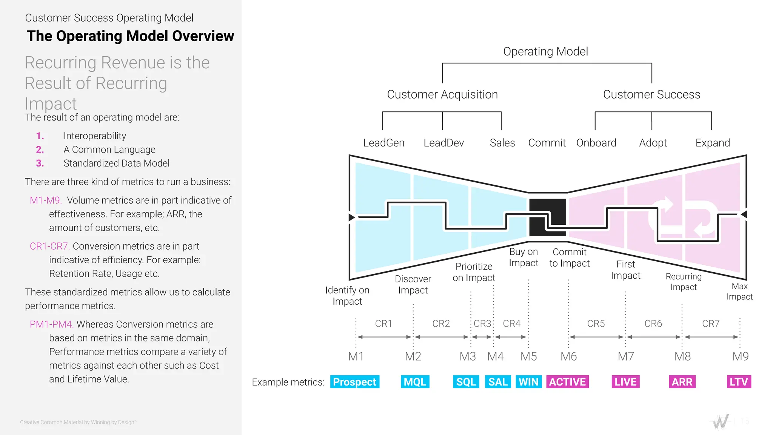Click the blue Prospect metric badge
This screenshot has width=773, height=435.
(x=354, y=382)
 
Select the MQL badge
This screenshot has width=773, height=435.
(x=415, y=382)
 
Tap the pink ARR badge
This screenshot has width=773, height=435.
(x=682, y=382)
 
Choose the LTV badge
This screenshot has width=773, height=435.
(x=739, y=382)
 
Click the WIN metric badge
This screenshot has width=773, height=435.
(x=528, y=382)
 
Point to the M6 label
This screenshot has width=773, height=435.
(x=568, y=356)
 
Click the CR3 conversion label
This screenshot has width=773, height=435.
(x=482, y=324)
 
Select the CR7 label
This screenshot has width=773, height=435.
(x=711, y=324)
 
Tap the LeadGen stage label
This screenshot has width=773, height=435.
(x=383, y=143)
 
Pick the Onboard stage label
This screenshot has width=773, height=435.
(x=596, y=143)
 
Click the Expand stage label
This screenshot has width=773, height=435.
(x=713, y=143)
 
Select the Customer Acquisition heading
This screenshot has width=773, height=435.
(x=442, y=94)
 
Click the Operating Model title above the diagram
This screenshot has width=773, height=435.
(x=545, y=51)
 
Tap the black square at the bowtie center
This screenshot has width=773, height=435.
(x=548, y=217)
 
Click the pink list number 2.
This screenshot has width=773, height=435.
(x=40, y=150)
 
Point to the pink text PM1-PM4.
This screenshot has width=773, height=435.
(x=51, y=324)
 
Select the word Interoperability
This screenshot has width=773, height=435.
(x=95, y=136)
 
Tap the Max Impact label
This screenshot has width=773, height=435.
(x=739, y=292)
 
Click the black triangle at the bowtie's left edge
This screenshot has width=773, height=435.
(x=352, y=217)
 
